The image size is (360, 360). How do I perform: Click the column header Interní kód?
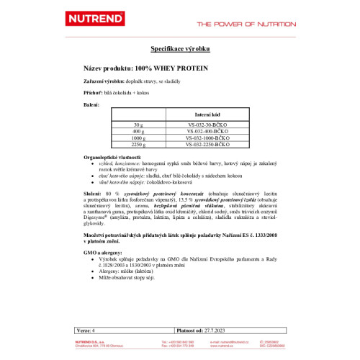point(207,114)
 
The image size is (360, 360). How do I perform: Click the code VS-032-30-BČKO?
point(207,125)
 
